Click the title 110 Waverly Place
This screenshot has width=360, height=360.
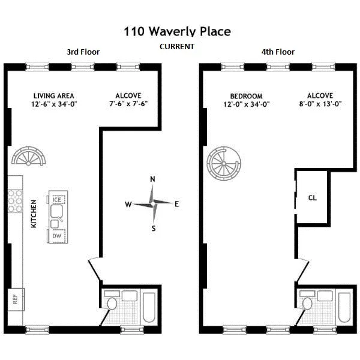tap(177, 31)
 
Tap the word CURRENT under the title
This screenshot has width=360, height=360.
tap(176, 47)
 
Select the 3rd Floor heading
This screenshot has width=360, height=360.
tap(83, 52)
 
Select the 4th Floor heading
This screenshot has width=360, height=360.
tap(278, 52)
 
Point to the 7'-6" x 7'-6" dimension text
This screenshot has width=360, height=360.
tap(128, 104)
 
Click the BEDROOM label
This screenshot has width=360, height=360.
tap(246, 96)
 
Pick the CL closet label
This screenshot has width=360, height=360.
tap(313, 197)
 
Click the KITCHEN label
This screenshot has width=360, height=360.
tap(34, 214)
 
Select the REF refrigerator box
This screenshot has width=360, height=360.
tap(15, 298)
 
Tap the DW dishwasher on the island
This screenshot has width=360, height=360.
tap(56, 236)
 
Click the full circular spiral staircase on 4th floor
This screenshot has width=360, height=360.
tap(223, 164)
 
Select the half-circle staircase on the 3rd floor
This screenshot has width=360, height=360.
tap(29, 157)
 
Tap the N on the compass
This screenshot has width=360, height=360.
tap(153, 179)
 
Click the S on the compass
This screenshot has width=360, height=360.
tap(154, 228)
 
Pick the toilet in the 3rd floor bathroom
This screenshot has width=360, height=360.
tap(112, 304)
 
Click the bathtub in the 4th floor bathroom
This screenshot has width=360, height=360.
tap(345, 307)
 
